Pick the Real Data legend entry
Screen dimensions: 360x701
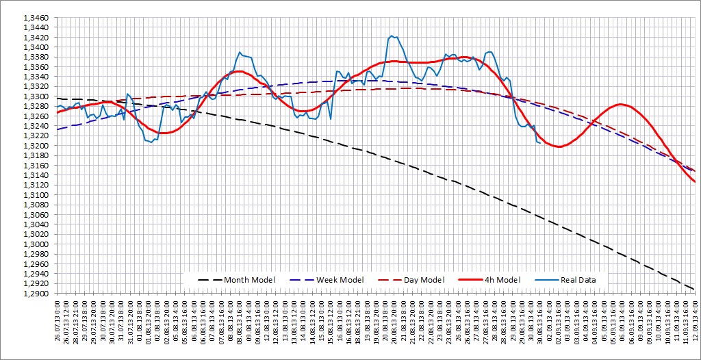pyautogui.click(x=578, y=279)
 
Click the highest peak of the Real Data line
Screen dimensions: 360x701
pyautogui.click(x=391, y=36)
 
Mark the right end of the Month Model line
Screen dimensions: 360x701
pyautogui.click(x=695, y=289)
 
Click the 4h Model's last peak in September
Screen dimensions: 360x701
pyautogui.click(x=620, y=104)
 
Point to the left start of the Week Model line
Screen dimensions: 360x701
pyautogui.click(x=58, y=129)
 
